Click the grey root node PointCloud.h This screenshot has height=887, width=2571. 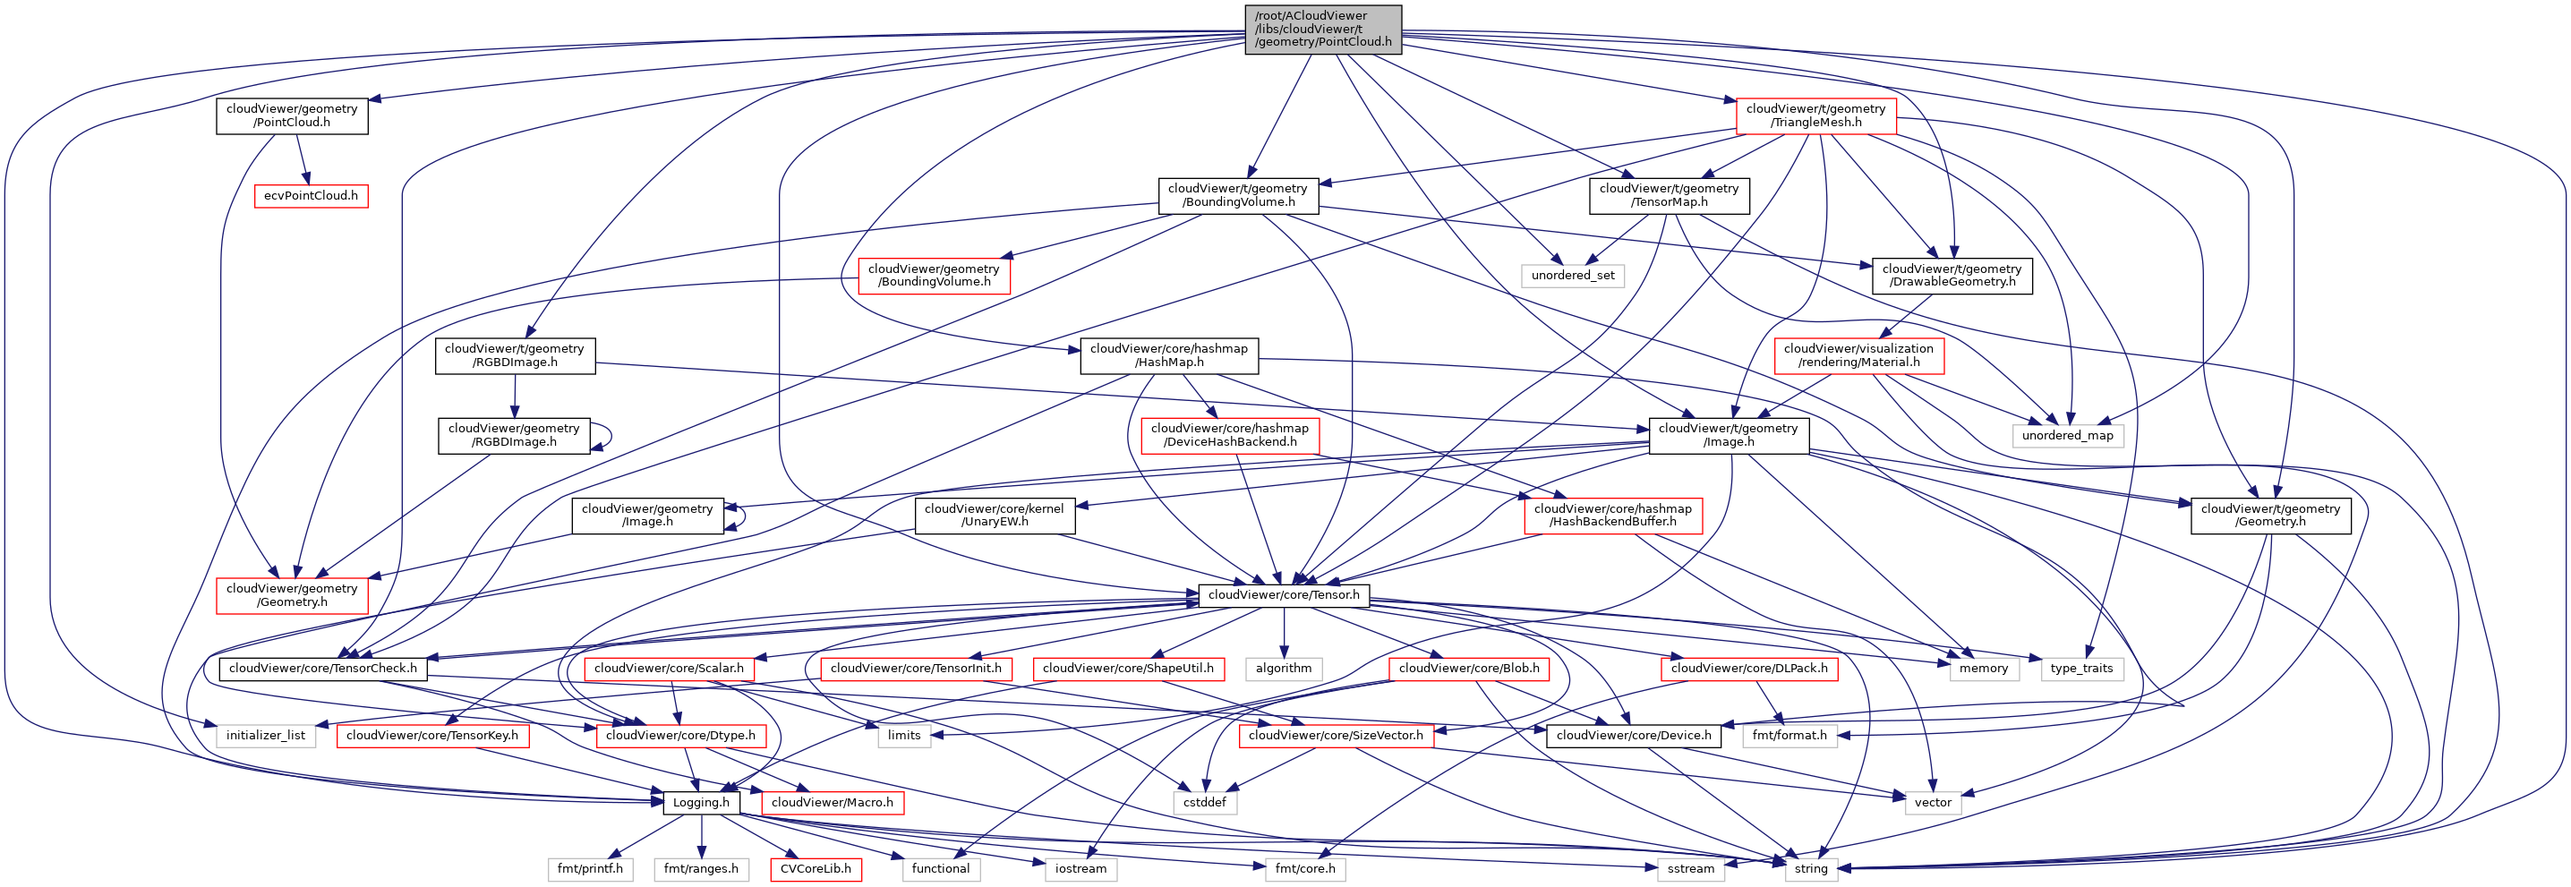[x=1322, y=29]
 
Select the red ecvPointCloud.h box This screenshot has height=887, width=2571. [x=311, y=195]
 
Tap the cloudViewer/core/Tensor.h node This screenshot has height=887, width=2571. [x=1284, y=594]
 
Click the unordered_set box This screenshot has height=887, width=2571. [x=1573, y=276]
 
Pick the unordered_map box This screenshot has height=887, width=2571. [x=2067, y=435]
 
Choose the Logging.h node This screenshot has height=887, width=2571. [x=701, y=802]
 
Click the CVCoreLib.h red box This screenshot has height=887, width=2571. [x=816, y=869]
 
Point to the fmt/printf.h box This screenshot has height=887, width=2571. [x=590, y=869]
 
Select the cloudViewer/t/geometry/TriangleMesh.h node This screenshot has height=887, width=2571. [x=1815, y=115]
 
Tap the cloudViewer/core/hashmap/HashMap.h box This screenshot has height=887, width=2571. [x=1169, y=356]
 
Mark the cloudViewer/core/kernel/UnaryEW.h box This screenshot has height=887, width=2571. [x=994, y=515]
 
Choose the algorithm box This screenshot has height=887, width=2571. [x=1284, y=669]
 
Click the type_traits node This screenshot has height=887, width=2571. [x=2081, y=669]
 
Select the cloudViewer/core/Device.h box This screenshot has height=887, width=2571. [x=1634, y=736]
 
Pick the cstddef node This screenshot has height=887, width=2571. [x=1205, y=802]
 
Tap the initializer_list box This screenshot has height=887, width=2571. [x=266, y=736]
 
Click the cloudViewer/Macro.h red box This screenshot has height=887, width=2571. [x=833, y=802]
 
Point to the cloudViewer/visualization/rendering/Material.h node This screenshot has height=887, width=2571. [x=1858, y=356]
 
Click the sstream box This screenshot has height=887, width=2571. [x=1691, y=869]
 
